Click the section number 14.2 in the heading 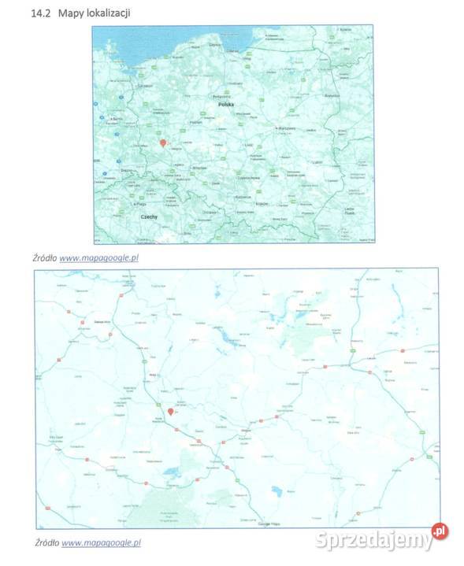pos(37,14)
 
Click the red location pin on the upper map pos(163,143)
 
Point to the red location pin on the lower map pos(170,411)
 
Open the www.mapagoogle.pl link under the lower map pos(101,542)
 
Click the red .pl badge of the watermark pos(439,533)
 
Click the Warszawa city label pos(284,128)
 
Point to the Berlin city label pos(116,119)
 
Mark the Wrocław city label pos(199,168)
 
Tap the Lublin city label pos(317,162)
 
